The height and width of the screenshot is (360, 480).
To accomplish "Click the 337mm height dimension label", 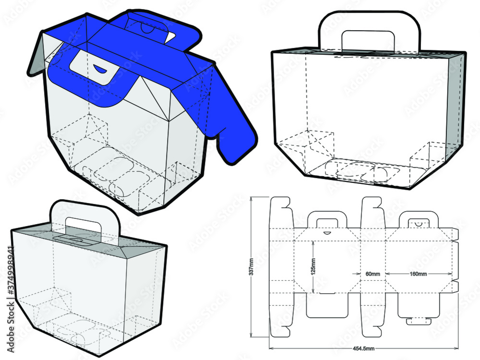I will tap(252, 266).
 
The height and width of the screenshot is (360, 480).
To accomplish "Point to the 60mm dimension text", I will tap(372, 274).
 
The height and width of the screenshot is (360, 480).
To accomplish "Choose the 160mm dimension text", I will tap(418, 274).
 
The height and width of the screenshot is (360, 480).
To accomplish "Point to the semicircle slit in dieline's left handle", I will tap(327, 232).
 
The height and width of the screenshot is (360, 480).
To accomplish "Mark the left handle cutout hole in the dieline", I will tap(326, 221).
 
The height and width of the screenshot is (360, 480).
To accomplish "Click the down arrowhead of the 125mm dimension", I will tap(313, 290).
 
